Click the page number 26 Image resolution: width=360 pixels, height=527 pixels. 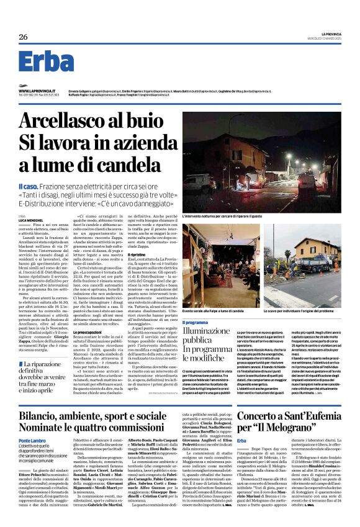[23, 37]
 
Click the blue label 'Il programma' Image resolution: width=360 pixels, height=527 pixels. [194, 323]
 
